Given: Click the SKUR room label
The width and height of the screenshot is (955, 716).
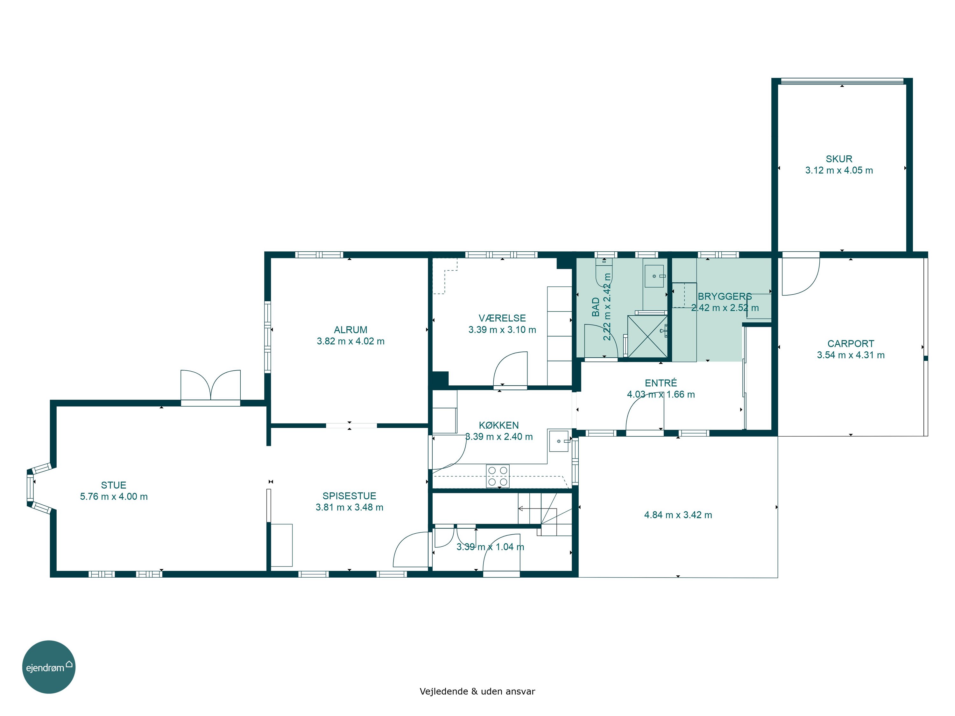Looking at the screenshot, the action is [839, 159].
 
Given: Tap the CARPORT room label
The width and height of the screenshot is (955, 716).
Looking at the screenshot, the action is [851, 344].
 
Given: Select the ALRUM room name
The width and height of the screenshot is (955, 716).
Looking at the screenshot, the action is [350, 330].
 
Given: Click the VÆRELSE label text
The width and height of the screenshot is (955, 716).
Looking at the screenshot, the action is [502, 318].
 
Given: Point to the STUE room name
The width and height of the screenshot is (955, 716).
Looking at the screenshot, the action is [114, 485].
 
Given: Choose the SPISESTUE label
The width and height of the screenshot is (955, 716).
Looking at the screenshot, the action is [349, 496].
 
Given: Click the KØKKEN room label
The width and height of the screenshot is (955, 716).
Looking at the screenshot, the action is [499, 425].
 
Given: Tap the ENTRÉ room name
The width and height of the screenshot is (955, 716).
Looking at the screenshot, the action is [661, 383].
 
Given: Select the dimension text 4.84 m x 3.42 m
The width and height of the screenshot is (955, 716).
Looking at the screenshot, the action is [678, 515].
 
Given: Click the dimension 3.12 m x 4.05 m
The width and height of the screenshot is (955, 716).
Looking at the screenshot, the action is [839, 171].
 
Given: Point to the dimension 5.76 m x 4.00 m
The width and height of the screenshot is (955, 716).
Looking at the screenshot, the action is [114, 497].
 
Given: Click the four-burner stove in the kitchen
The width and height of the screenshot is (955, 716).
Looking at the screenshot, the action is [498, 476].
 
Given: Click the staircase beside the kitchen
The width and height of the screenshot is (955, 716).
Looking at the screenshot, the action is [545, 515].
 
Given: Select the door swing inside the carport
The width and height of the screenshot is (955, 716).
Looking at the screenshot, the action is [801, 277].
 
